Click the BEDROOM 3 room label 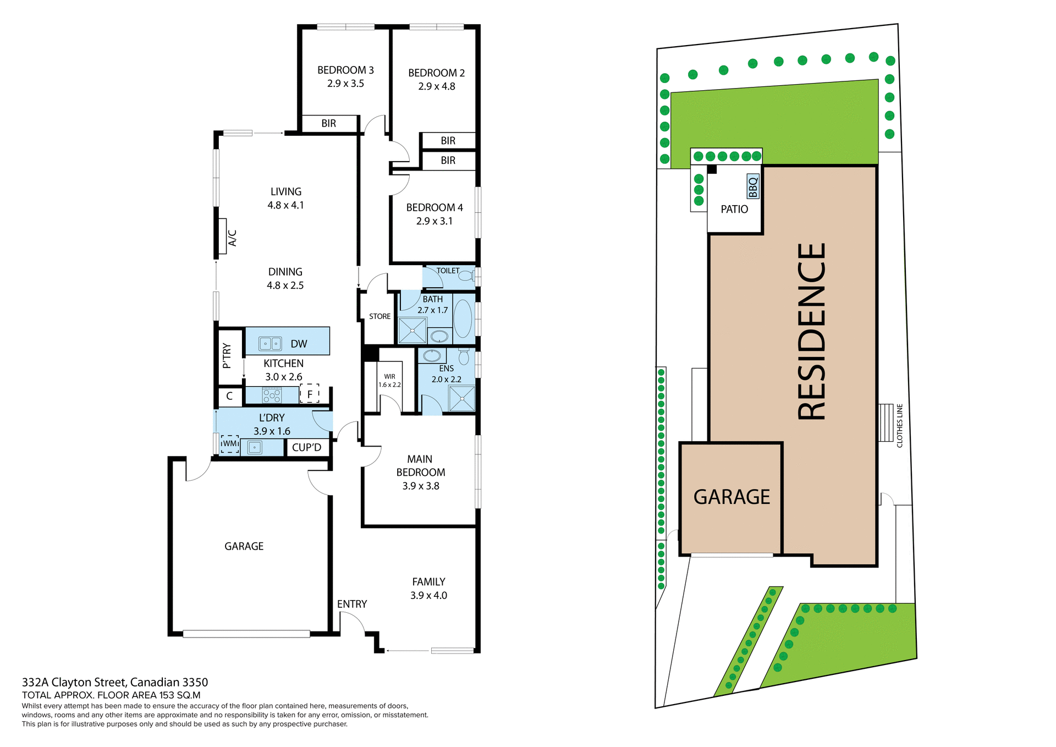(345, 70)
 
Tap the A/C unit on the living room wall (223, 237)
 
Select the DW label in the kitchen (299, 344)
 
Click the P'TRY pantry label (227, 355)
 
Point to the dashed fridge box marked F (310, 394)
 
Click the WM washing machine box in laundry (230, 444)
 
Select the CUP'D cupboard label (306, 447)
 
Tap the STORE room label (380, 316)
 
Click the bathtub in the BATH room (463, 318)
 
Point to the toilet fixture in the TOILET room (466, 276)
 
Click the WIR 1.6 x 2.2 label (389, 381)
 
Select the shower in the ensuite (461, 398)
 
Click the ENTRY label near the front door (352, 604)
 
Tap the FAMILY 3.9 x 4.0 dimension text (428, 595)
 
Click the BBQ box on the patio (753, 186)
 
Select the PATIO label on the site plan (734, 209)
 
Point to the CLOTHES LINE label (900, 425)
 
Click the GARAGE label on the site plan (732, 497)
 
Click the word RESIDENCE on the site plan (812, 332)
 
